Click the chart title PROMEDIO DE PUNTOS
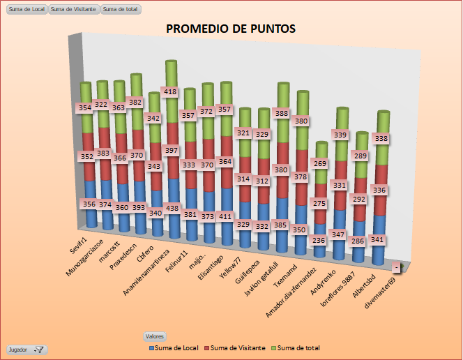coord(231,29)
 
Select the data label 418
coord(170,91)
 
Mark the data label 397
coord(171,150)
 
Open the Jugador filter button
coord(26,349)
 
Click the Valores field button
coord(155,336)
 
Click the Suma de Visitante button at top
coord(74,10)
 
